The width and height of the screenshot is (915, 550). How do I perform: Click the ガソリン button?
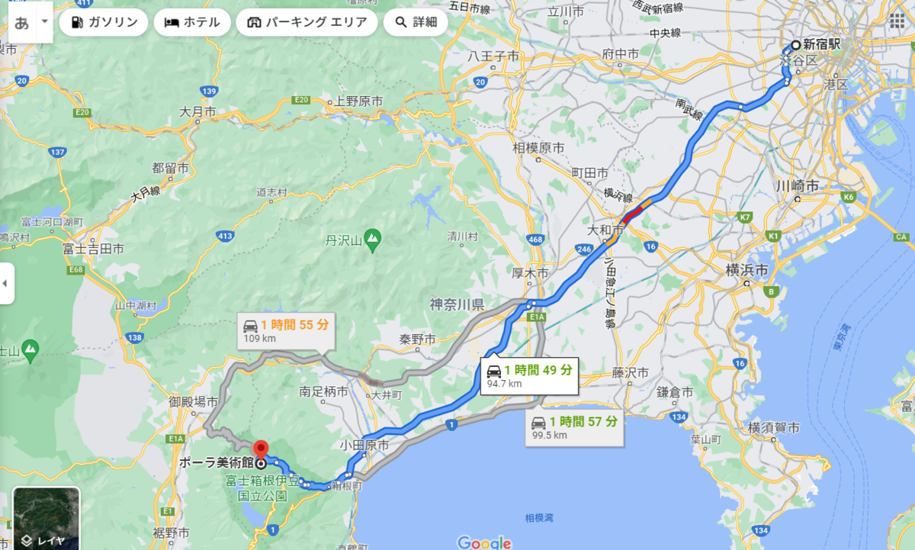point(104,22)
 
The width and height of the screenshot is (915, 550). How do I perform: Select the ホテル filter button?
point(192,22)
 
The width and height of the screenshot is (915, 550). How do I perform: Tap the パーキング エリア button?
point(307,22)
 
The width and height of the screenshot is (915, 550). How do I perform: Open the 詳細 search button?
point(416,22)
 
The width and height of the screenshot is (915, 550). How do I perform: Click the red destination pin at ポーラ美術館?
point(261,450)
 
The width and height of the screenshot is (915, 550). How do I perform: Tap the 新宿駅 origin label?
point(821,44)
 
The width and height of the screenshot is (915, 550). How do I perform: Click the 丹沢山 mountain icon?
point(372,241)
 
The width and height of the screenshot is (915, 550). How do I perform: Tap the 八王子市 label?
point(493,56)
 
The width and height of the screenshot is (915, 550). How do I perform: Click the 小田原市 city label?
point(367,445)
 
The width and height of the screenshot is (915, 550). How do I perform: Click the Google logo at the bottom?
point(484,542)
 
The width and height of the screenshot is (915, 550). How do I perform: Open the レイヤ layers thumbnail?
point(46,518)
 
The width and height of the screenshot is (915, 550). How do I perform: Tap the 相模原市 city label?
point(538,147)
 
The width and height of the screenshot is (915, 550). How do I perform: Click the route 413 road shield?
point(225,236)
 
